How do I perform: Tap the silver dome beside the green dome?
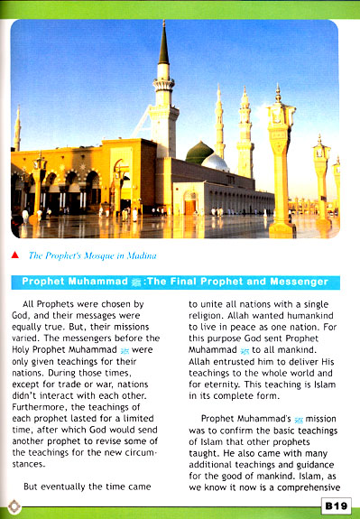(215, 162)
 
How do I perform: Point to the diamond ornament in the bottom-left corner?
(12, 505)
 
